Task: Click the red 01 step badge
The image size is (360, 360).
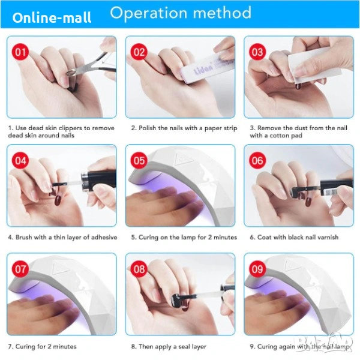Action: tap(20, 52)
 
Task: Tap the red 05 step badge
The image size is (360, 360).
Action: tap(139, 160)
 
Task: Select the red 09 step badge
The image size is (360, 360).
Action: tap(257, 269)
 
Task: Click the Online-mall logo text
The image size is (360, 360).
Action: tap(52, 17)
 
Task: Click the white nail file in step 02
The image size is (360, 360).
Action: tap(206, 67)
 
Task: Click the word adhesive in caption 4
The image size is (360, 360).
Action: tap(104, 237)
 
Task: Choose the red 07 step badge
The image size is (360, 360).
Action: tap(20, 269)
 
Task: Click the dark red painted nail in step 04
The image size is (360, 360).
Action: tap(57, 200)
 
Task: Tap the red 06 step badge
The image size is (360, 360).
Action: tap(257, 160)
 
